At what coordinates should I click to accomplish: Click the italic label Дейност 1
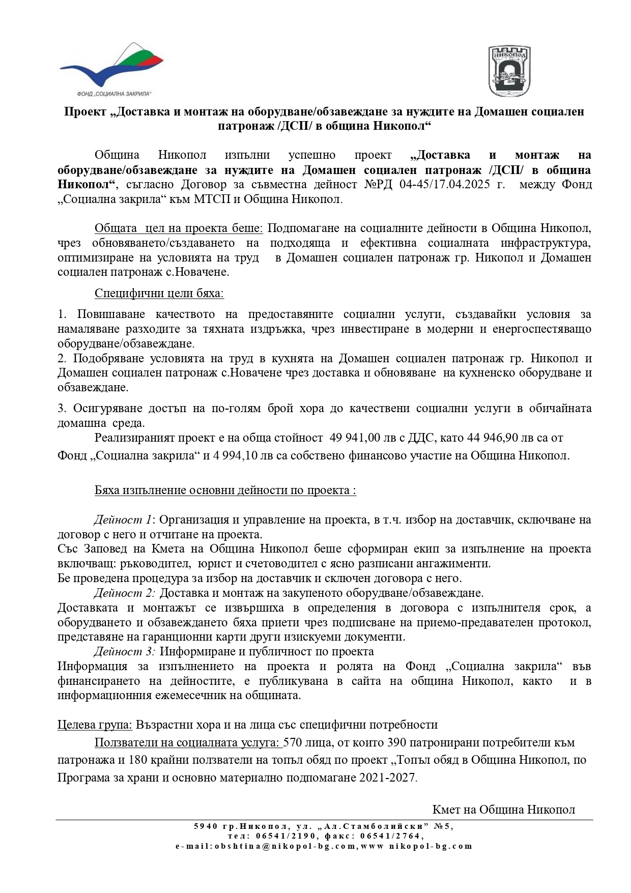tap(123, 520)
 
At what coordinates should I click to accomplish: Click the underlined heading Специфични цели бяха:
tap(159, 294)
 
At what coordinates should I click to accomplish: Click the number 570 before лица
tap(293, 743)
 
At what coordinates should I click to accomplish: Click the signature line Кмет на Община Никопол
tap(503, 810)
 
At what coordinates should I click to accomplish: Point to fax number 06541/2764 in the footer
tap(391, 836)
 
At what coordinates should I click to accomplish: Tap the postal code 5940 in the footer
tap(206, 826)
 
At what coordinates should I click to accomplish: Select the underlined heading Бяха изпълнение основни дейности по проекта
tap(225, 491)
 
